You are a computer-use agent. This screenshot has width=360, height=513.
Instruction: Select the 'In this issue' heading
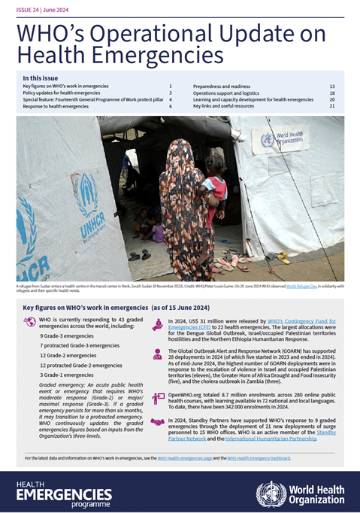[43, 77]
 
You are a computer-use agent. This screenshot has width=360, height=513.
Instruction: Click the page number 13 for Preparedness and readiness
[332, 87]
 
